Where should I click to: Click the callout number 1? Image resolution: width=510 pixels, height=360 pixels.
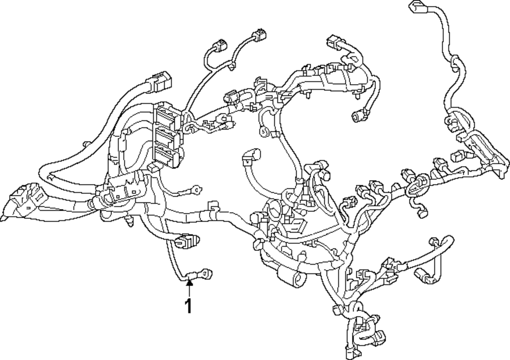tap(189, 306)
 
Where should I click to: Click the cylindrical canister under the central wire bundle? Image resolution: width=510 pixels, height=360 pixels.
tap(291, 278)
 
